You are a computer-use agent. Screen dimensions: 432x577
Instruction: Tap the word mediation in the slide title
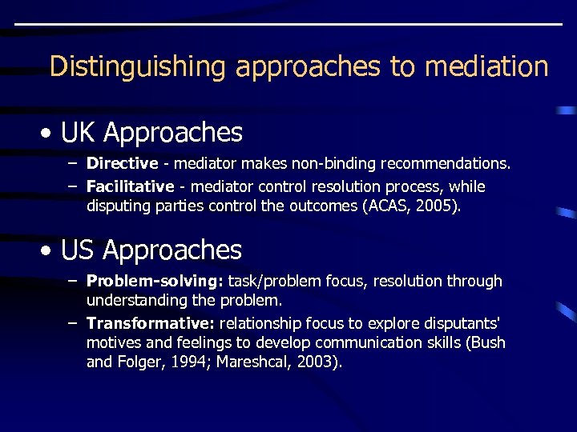pos(486,66)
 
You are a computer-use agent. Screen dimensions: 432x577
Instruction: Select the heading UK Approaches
pos(151,132)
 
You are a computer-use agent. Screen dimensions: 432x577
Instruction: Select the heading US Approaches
pos(151,250)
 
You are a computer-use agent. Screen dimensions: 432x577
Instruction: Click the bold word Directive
pos(122,164)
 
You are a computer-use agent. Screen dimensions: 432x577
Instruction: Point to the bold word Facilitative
pos(130,186)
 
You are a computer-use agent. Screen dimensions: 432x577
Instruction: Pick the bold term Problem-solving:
pos(155,282)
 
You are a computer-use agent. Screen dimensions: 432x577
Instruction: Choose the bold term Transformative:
pos(151,323)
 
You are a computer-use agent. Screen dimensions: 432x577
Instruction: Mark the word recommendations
pos(445,164)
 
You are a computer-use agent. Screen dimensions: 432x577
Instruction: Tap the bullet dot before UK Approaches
pos(50,134)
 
